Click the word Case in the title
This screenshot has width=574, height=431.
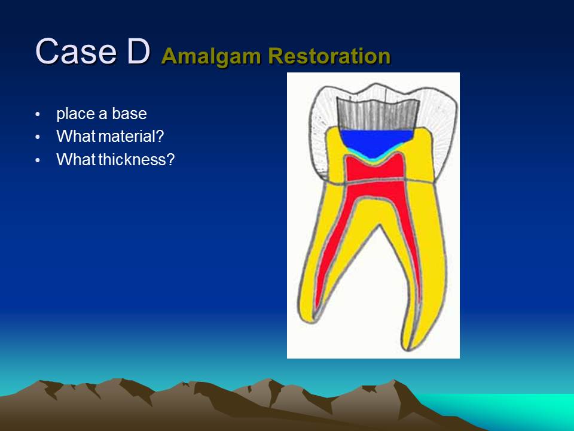click(76, 51)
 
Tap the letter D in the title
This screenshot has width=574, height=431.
click(138, 51)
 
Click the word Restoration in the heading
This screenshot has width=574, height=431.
click(329, 56)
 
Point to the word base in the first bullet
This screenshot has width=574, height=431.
click(129, 114)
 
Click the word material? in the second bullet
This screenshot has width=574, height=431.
click(131, 136)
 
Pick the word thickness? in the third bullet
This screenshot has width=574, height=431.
click(136, 159)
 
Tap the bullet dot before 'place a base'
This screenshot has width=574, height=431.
click(38, 114)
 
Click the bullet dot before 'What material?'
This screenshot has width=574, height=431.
click(38, 138)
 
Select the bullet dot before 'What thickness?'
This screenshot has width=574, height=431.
click(38, 160)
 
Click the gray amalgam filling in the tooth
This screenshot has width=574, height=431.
click(377, 115)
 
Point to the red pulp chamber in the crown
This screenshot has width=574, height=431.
click(374, 169)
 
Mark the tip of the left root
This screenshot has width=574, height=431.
click(310, 322)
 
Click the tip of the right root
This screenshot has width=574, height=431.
click(407, 349)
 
